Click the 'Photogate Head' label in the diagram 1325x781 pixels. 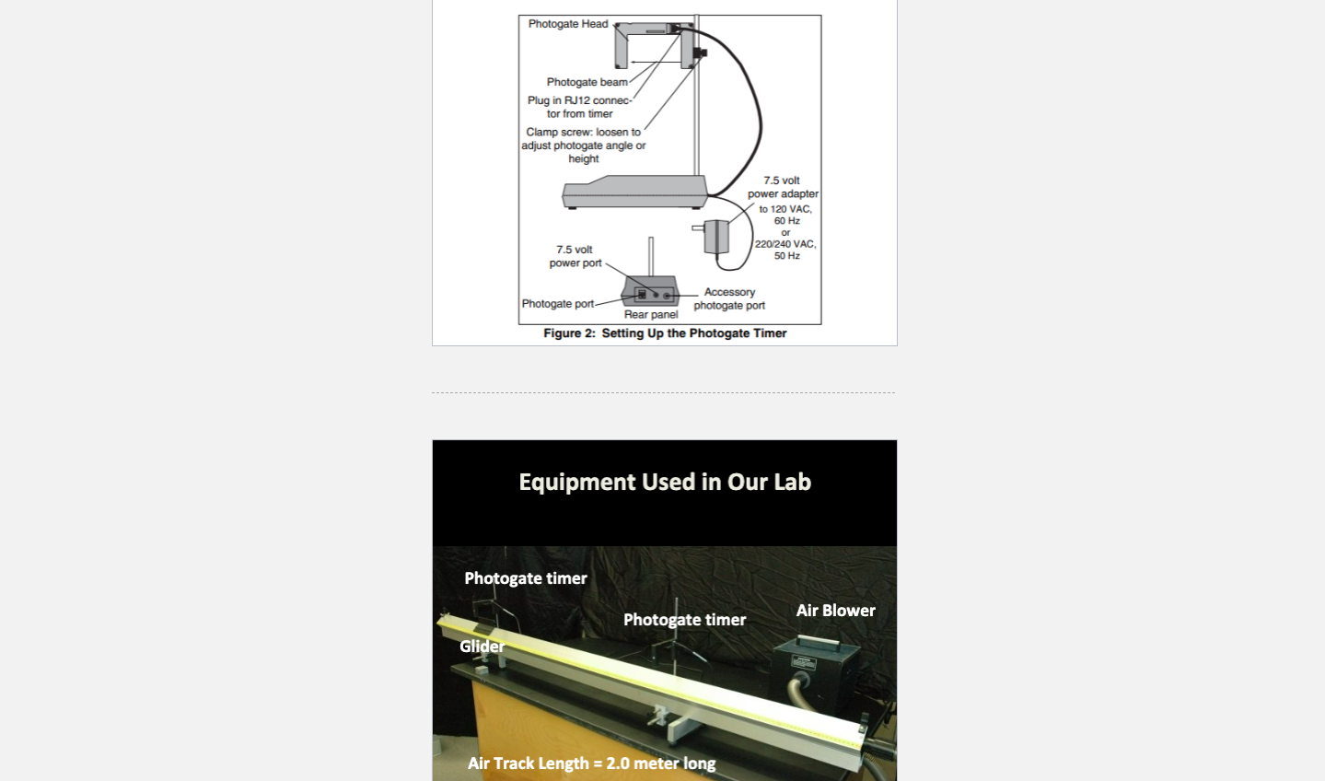pyautogui.click(x=567, y=24)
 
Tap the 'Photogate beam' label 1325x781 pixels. pyautogui.click(x=586, y=82)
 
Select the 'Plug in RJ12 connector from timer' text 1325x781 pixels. pyautogui.click(x=579, y=107)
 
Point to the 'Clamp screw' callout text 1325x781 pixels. pyautogui.click(x=583, y=146)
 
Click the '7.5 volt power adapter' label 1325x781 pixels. pyautogui.click(x=782, y=187)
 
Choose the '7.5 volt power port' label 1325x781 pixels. pyautogui.click(x=575, y=256)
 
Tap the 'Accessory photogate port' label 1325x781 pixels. pyautogui.click(x=729, y=298)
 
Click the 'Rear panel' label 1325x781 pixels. pyautogui.click(x=650, y=315)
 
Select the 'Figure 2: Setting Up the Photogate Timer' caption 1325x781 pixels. pyautogui.click(x=665, y=333)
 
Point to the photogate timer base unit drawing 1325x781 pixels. pyautogui.click(x=634, y=192)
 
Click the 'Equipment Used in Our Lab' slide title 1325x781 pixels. pyautogui.click(x=665, y=482)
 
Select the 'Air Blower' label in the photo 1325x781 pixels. pyautogui.click(x=835, y=611)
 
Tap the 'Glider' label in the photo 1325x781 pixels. pyautogui.click(x=482, y=647)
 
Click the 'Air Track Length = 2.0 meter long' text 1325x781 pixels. pyautogui.click(x=591, y=764)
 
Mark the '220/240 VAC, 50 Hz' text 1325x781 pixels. pyautogui.click(x=785, y=250)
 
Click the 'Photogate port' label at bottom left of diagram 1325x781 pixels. pyautogui.click(x=557, y=304)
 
